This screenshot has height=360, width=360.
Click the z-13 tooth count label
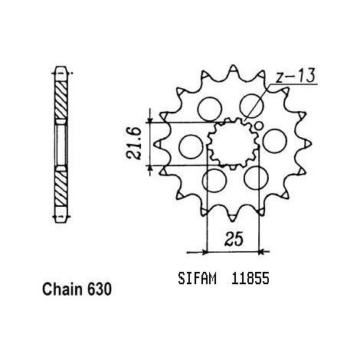296,76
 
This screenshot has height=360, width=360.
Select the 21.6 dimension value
133,143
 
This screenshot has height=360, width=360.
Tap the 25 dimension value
234,239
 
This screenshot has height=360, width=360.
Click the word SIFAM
197,278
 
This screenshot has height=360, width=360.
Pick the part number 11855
250,278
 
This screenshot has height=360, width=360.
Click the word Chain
63,290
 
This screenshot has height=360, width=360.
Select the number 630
100,290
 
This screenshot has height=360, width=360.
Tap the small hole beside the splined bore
259,126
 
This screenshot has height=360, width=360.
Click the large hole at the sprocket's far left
191,147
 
